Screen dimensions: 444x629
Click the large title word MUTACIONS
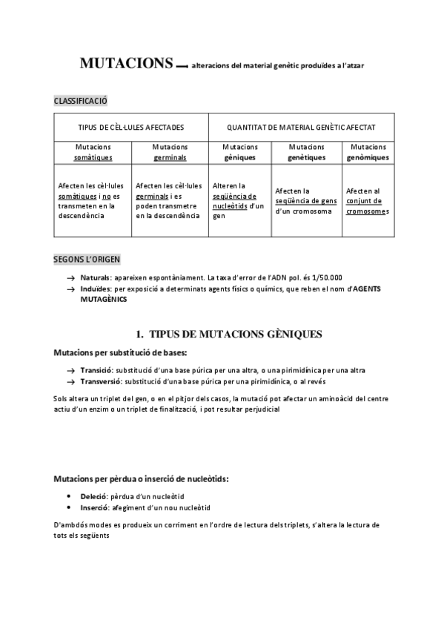point(127,64)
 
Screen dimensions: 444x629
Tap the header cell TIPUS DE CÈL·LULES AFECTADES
point(131,128)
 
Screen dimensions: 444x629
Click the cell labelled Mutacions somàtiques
point(93,152)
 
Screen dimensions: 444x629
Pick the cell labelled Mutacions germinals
point(170,152)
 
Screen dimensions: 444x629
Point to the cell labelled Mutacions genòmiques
point(368,152)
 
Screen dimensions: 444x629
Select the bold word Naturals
point(96,277)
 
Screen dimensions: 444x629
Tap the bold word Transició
point(96,369)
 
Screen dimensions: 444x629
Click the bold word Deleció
point(94,496)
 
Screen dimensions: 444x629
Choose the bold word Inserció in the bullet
point(95,508)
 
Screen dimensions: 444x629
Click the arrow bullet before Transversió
point(70,381)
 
